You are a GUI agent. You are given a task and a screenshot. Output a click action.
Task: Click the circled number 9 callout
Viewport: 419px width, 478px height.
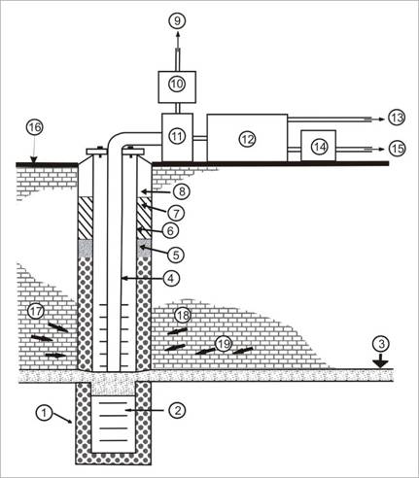pos(177,21)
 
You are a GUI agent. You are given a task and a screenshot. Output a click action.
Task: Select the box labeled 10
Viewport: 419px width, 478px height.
pos(177,86)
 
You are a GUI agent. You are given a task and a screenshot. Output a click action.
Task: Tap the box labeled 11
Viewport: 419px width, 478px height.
pos(177,137)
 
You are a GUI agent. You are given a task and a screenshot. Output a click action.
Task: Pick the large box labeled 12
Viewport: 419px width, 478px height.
pos(247,138)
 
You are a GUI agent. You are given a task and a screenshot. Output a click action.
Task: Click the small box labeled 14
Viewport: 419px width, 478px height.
pos(319,146)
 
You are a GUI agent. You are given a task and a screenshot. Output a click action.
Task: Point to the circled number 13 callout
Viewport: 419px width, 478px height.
pos(397,118)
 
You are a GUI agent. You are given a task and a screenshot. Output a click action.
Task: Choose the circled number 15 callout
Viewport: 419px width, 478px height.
pos(397,149)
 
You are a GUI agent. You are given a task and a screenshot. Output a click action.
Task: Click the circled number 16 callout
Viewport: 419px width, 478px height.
pos(35,127)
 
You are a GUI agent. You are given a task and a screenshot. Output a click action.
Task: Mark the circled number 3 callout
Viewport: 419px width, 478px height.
pos(381,344)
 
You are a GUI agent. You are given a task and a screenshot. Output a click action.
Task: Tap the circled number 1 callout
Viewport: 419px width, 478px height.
pos(44,413)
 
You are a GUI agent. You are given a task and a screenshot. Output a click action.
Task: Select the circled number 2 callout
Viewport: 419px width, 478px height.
pos(177,410)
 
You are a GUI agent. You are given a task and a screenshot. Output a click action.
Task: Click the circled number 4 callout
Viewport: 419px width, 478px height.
pos(171,278)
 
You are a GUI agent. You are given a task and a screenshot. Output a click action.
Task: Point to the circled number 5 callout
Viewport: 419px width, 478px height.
pos(176,255)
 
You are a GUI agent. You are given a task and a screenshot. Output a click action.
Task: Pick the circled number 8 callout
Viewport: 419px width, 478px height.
pos(181,191)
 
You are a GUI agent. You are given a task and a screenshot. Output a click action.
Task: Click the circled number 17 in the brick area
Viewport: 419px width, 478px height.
pos(36,312)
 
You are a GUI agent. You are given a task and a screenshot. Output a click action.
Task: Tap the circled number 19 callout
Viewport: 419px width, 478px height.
pos(224,344)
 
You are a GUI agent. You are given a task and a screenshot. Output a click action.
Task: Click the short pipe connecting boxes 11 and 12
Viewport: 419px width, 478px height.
pos(200,138)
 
